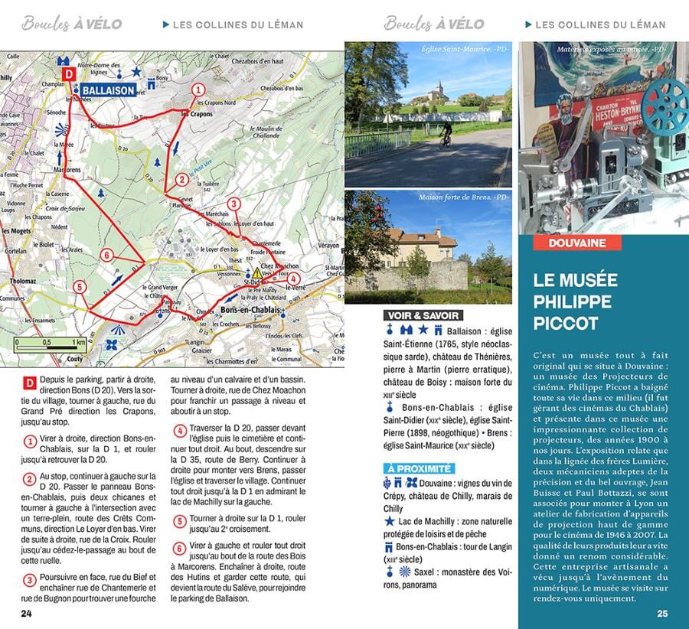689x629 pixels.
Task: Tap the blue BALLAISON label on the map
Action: [108, 90]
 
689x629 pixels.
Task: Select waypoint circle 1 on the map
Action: [198, 90]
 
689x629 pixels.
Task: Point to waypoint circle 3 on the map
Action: [234, 204]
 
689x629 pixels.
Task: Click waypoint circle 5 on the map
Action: [79, 287]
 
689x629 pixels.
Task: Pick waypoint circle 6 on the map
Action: [107, 255]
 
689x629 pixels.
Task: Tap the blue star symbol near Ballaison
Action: [136, 71]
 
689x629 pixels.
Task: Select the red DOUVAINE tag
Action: [577, 243]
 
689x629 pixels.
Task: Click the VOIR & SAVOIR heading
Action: [423, 314]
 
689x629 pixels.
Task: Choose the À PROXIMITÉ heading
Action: [418, 468]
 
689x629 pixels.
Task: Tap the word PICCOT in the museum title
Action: [566, 324]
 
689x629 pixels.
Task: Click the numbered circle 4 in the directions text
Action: [180, 431]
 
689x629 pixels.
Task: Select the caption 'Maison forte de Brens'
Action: [463, 198]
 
